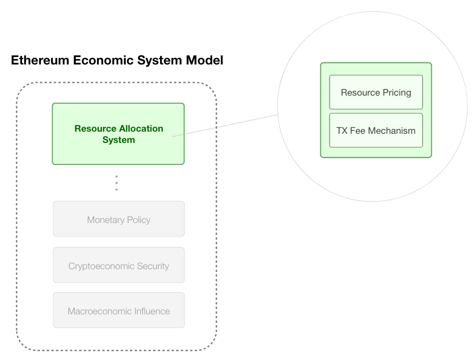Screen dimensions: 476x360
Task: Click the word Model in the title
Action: pos(204,60)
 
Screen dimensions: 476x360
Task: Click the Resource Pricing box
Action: pos(376,92)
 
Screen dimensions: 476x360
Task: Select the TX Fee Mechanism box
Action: pos(376,131)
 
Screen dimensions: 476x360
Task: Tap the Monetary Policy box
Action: pos(119,219)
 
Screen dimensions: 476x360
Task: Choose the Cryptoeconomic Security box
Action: pos(119,265)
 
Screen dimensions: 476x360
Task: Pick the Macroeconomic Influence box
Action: pos(119,311)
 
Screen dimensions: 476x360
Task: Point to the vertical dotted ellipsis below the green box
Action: pos(117,183)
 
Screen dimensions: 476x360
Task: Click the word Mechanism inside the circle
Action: pos(392,131)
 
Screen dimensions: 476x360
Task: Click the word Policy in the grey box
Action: pos(138,220)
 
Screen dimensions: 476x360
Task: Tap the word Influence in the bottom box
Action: pos(150,311)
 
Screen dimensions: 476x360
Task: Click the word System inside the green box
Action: pos(119,140)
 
